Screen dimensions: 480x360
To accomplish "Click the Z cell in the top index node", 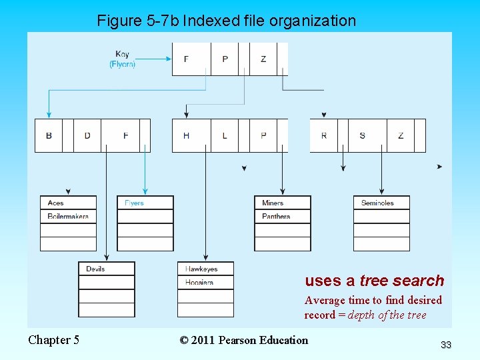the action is (x=263, y=59).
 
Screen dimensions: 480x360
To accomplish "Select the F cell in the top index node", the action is (x=186, y=59).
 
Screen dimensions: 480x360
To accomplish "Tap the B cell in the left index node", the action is (x=49, y=135).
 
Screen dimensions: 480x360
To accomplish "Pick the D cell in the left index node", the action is (x=87, y=135).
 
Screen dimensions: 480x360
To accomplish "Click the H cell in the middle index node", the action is (x=186, y=135).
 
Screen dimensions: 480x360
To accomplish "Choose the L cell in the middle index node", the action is (x=225, y=135).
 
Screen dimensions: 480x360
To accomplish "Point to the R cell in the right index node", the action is (x=324, y=135).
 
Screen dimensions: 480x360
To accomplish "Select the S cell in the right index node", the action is (x=362, y=135).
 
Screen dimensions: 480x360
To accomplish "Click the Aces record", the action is (x=68, y=203).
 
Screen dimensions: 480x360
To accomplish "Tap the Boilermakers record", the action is (x=68, y=217).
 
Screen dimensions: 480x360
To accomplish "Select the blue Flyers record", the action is (x=145, y=203).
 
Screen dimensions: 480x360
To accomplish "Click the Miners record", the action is (x=282, y=203).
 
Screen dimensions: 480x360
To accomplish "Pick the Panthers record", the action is (x=282, y=217).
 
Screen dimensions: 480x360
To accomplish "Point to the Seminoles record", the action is (x=381, y=203).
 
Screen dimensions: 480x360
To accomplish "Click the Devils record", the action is (x=107, y=269).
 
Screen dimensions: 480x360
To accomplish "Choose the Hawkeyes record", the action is (x=205, y=269).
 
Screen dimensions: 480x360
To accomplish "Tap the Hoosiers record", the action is (x=205, y=283).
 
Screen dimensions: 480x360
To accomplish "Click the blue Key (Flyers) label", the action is (x=122, y=59).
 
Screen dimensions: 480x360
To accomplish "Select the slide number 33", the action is (x=446, y=345).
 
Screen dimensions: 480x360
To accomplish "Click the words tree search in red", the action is (x=401, y=281).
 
